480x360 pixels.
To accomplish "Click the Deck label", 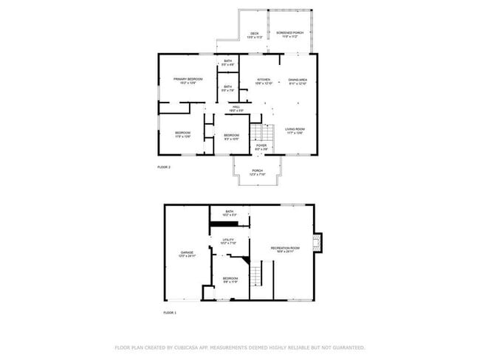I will pyautogui.click(x=254, y=35).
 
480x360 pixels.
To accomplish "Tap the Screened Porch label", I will pyautogui.click(x=289, y=35).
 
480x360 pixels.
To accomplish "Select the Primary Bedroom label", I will pyautogui.click(x=188, y=80).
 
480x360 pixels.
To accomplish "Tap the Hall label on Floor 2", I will pyautogui.click(x=236, y=108).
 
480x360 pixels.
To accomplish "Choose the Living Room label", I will pyautogui.click(x=295, y=132).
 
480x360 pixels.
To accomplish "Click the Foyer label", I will pyautogui.click(x=261, y=147).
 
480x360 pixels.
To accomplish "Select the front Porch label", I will pyautogui.click(x=257, y=172).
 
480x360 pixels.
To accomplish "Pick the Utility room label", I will pyautogui.click(x=228, y=241).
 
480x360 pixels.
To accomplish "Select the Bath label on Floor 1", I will pyautogui.click(x=228, y=213).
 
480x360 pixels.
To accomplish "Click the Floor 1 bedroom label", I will pyautogui.click(x=231, y=280).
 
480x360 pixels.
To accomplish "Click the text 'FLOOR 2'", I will pyautogui.click(x=164, y=167).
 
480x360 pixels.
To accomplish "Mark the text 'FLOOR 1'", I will pyautogui.click(x=170, y=313).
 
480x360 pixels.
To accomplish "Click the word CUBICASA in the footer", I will pyautogui.click(x=191, y=347).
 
